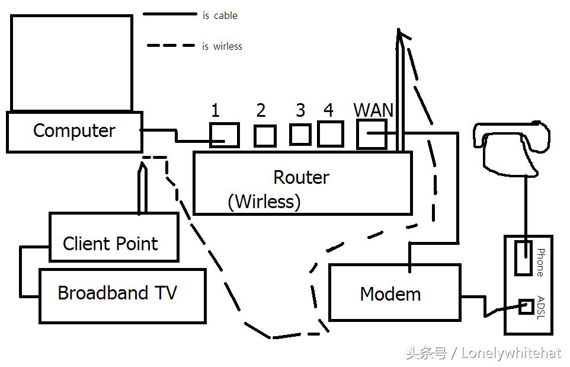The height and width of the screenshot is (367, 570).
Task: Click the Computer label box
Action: click(x=74, y=131)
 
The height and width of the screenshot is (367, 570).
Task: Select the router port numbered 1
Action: click(x=225, y=135)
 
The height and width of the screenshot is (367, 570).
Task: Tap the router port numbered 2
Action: click(x=264, y=136)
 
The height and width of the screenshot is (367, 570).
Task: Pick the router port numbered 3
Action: click(x=300, y=135)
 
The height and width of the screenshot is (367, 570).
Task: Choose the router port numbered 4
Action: click(x=330, y=134)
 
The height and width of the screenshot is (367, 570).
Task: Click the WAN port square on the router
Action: click(x=372, y=134)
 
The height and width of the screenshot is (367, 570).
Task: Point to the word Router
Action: click(x=301, y=177)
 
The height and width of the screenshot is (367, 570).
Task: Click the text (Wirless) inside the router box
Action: click(x=264, y=202)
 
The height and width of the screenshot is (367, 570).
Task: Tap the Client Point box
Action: click(x=113, y=237)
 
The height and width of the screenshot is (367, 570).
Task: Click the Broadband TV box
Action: click(x=122, y=295)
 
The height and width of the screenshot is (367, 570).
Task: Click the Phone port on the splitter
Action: click(x=523, y=258)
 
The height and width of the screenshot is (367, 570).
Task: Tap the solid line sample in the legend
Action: click(x=169, y=14)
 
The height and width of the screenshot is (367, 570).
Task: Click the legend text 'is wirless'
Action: click(x=222, y=46)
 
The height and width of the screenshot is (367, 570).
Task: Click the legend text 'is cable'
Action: click(x=219, y=16)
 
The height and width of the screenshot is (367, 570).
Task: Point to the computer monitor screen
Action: click(x=71, y=63)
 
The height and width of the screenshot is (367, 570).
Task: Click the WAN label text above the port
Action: click(x=373, y=110)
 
